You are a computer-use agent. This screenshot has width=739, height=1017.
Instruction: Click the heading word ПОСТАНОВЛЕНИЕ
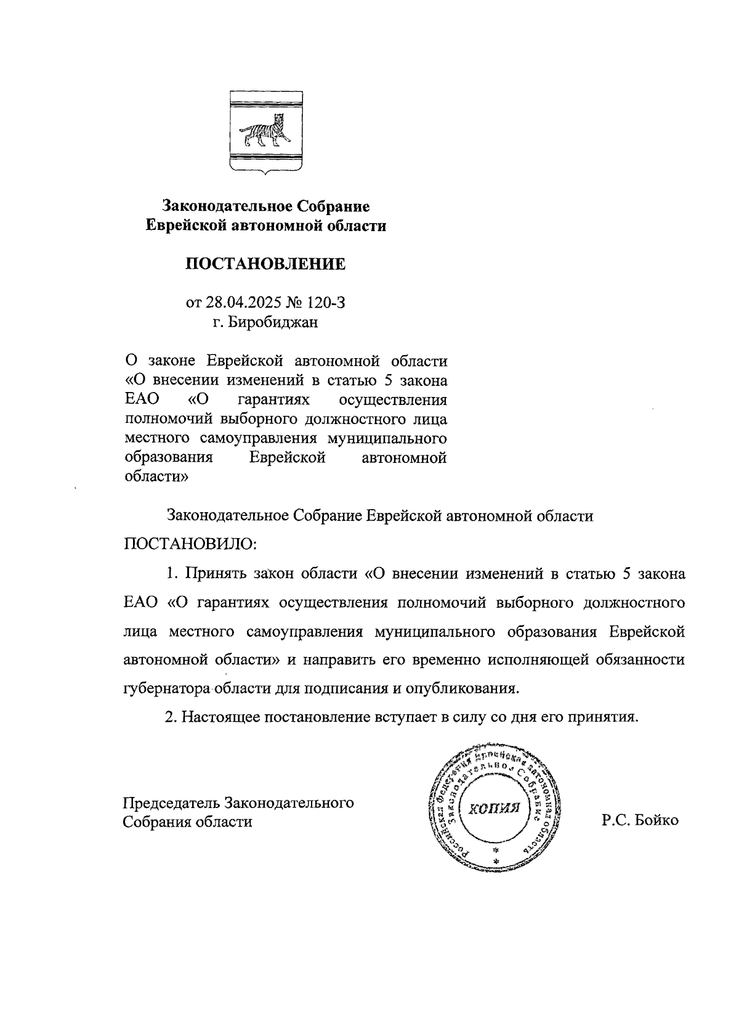tap(265, 264)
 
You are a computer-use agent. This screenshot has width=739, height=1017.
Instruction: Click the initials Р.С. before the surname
tap(616, 820)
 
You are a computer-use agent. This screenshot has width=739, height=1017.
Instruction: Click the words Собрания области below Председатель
tap(188, 822)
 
